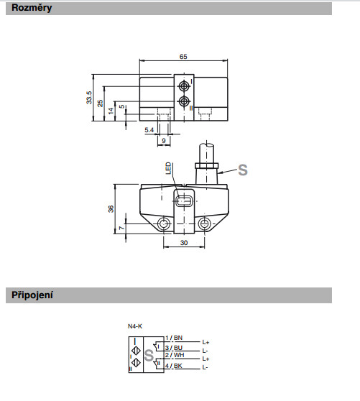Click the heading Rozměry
32,8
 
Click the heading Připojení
32,295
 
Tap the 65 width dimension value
183,57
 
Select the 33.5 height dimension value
88,98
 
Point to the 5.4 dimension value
149,130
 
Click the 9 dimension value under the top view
164,140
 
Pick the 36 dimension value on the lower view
111,209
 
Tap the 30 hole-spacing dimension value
184,242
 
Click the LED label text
168,168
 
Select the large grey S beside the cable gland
243,170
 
